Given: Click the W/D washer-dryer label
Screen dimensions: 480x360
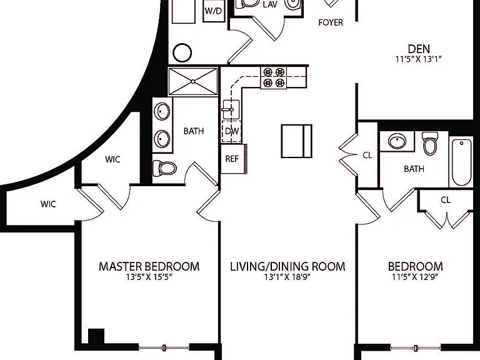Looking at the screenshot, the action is pyautogui.click(x=213, y=11).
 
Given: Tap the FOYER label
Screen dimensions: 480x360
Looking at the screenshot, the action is pyautogui.click(x=331, y=22).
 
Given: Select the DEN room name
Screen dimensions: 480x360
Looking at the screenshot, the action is pyautogui.click(x=419, y=49).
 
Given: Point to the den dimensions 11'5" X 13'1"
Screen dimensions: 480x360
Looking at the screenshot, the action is pyautogui.click(x=419, y=59).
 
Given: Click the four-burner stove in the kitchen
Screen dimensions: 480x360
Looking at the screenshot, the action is pyautogui.click(x=274, y=77).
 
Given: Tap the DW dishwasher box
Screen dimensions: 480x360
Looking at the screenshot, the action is pyautogui.click(x=231, y=131).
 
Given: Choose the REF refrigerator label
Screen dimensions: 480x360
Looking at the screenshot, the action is pyautogui.click(x=232, y=159).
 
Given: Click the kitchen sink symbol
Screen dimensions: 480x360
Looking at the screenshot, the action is pyautogui.click(x=231, y=109).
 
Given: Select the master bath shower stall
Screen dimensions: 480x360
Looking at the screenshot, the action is pyautogui.click(x=193, y=81).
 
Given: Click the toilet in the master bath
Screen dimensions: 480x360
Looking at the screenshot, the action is pyautogui.click(x=164, y=168).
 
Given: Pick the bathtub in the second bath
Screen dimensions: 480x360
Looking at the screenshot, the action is pyautogui.click(x=461, y=162).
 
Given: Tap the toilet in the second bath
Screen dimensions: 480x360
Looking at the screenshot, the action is pyautogui.click(x=430, y=143).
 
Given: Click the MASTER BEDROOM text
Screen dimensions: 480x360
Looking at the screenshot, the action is pyautogui.click(x=149, y=266).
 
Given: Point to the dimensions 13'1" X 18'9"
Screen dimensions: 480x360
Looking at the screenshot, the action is pyautogui.click(x=287, y=277).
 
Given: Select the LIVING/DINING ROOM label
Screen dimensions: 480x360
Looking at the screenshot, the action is pyautogui.click(x=287, y=266).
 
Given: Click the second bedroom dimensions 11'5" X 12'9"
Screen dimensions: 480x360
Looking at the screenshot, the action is pyautogui.click(x=415, y=277).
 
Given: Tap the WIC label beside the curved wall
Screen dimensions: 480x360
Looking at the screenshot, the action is pyautogui.click(x=112, y=159).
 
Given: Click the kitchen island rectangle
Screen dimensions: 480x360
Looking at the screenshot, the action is pyautogui.click(x=297, y=141).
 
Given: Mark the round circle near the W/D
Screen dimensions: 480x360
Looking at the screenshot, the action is pyautogui.click(x=182, y=52).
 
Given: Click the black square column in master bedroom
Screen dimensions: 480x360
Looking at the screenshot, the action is pyautogui.click(x=96, y=336).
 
